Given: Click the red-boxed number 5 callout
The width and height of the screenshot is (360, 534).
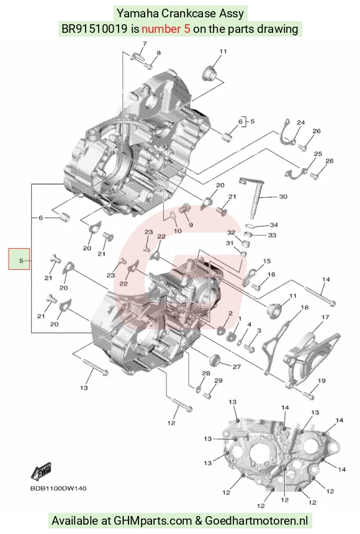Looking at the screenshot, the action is [19, 259].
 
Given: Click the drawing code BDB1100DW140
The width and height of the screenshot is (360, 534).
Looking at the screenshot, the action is [58, 488].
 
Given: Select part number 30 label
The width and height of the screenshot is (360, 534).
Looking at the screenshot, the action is [283, 197].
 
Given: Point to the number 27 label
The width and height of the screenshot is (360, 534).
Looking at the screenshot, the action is [236, 367].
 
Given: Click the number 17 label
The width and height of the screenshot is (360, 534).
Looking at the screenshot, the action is [325, 317].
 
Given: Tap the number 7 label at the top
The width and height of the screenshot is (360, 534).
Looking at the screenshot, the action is [145, 44].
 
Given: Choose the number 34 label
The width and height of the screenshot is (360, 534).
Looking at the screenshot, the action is [274, 225].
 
